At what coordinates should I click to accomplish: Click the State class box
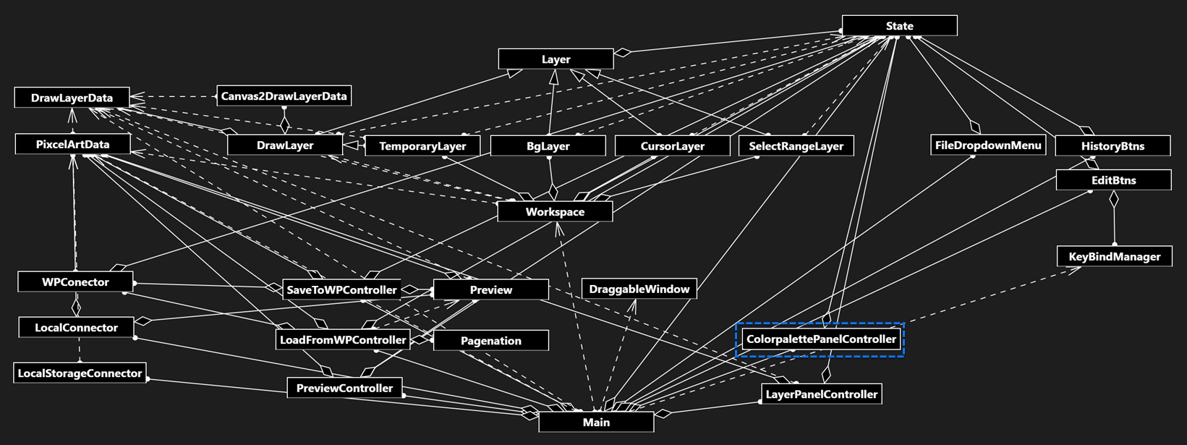point(899,26)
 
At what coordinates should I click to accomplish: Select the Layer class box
point(556,59)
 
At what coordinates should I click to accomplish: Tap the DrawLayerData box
point(72,98)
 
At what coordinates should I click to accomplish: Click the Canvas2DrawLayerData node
point(284,96)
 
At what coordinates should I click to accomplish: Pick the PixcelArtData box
point(72,145)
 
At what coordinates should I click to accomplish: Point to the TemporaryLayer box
point(422,146)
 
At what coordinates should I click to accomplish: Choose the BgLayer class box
point(548,146)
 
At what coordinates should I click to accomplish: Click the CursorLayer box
point(672,146)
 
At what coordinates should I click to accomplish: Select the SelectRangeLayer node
point(796,146)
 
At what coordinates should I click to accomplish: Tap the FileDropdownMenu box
point(987,145)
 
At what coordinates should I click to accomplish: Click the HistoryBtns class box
point(1112,146)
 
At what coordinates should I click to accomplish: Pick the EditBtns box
point(1113,180)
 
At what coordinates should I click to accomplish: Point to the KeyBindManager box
point(1114,257)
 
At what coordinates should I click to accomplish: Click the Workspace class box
point(555,212)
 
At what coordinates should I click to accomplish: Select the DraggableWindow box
point(639,289)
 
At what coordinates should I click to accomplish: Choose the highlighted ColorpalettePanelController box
point(820,339)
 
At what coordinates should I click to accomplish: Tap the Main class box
point(596,422)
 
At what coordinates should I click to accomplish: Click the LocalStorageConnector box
point(80,373)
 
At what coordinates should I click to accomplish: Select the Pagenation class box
point(490,341)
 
